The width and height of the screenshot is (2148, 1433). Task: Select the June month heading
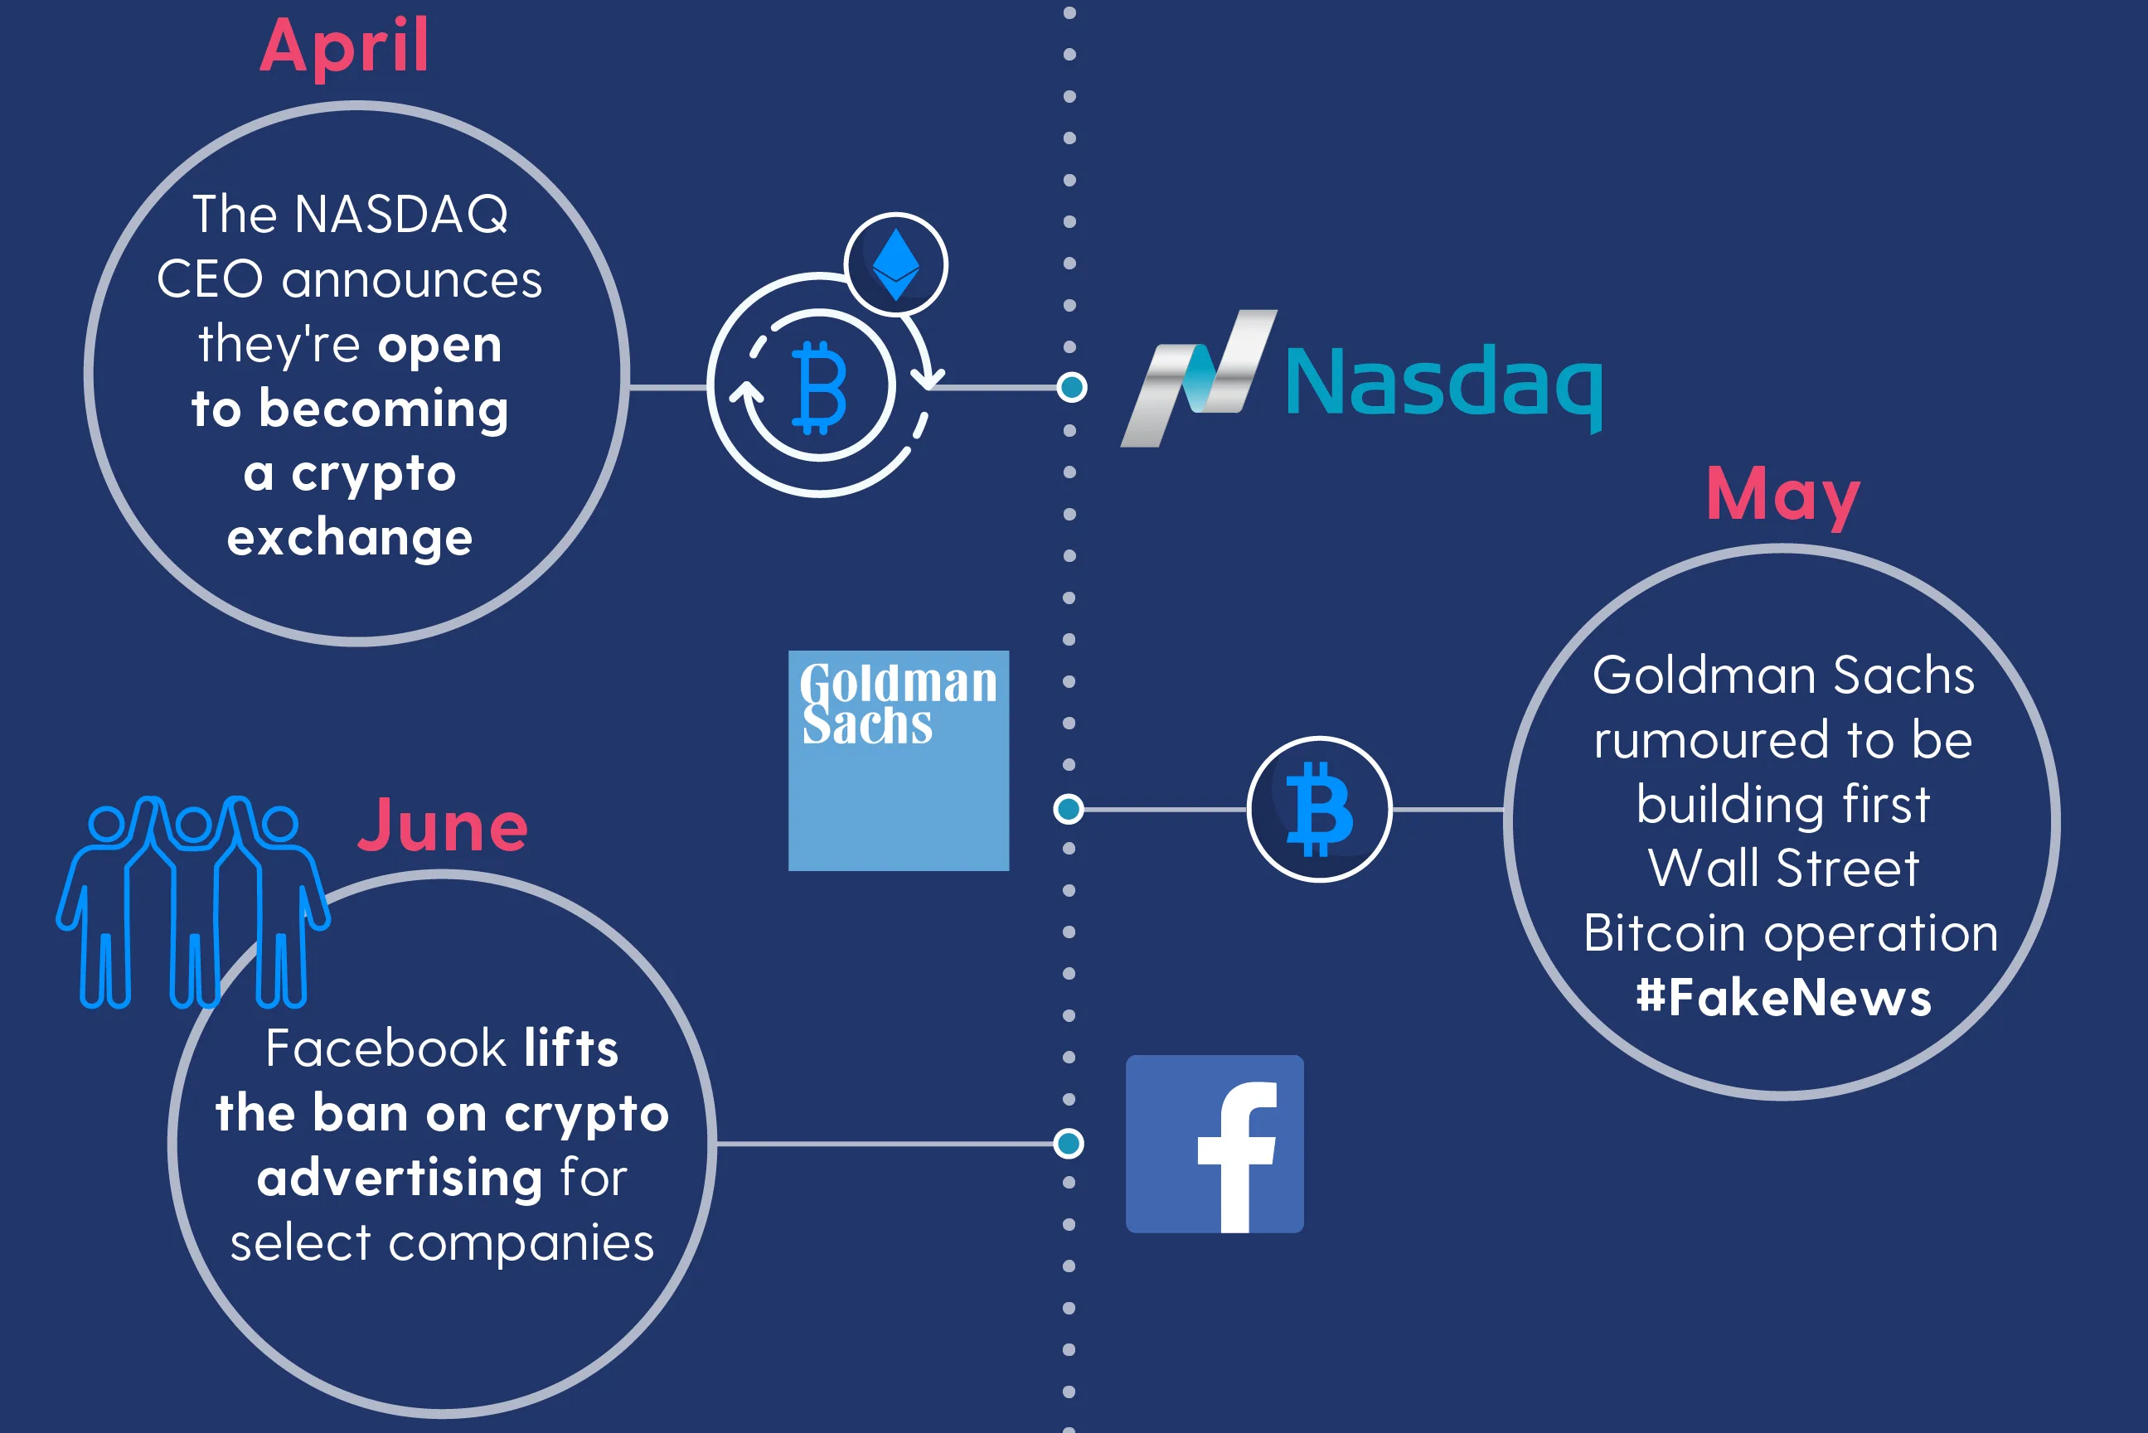click(x=443, y=825)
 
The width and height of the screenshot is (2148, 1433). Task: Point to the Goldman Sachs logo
click(x=899, y=759)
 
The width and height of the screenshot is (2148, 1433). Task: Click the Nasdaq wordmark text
click(x=1443, y=382)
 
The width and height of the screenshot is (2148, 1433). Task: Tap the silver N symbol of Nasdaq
click(x=1198, y=379)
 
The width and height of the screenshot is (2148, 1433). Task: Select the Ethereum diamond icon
click(x=896, y=264)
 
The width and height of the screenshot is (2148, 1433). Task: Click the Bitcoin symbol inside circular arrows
click(x=819, y=388)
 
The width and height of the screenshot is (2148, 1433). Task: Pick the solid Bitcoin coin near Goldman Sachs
click(x=1319, y=809)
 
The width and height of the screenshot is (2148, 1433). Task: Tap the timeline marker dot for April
click(x=1071, y=388)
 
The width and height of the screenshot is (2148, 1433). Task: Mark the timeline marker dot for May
click(x=1069, y=809)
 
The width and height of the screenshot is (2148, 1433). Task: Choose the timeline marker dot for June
click(x=1069, y=1143)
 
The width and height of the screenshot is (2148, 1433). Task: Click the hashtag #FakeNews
click(x=1783, y=997)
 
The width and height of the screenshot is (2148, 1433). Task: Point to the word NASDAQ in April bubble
click(x=400, y=215)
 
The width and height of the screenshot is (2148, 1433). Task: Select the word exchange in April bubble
click(x=349, y=537)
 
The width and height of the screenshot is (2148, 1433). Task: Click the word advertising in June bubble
click(x=400, y=1177)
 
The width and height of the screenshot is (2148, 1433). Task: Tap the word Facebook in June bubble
click(x=385, y=1048)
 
